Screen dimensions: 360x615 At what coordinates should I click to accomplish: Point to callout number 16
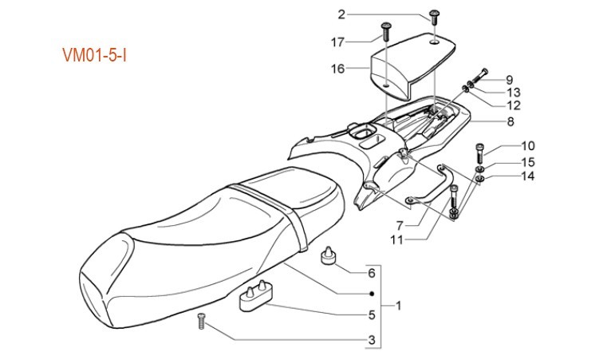[x=337, y=69]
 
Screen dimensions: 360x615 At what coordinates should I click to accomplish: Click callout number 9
[x=508, y=80]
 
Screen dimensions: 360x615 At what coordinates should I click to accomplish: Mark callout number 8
[x=509, y=122]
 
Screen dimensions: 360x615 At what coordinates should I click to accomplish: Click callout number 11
[x=396, y=239]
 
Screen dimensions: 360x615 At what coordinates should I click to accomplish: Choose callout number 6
[x=372, y=273]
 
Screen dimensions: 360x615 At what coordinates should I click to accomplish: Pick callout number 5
[x=372, y=315]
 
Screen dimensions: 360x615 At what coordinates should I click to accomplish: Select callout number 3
[x=372, y=341]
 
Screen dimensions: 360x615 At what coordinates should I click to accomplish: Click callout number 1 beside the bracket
[x=399, y=306]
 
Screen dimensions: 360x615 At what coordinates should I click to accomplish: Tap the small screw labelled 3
[x=201, y=322]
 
